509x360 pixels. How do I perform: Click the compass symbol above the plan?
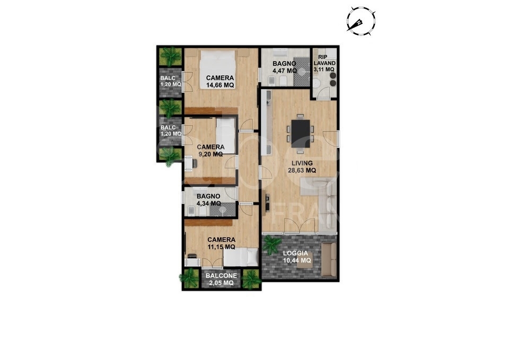(x=361, y=21)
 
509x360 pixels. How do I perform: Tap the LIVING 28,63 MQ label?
(x=302, y=166)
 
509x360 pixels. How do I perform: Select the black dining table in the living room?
(x=301, y=134)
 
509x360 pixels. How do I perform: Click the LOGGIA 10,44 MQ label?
(x=297, y=257)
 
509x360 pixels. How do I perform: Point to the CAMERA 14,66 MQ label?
(x=220, y=82)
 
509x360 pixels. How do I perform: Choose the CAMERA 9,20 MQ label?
(x=210, y=151)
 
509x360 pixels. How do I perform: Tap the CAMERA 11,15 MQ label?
(x=222, y=243)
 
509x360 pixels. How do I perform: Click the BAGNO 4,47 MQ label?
(x=284, y=67)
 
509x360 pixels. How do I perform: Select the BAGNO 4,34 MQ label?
(x=208, y=200)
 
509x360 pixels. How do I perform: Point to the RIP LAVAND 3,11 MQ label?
(x=324, y=63)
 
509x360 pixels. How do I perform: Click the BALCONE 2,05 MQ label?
(x=222, y=279)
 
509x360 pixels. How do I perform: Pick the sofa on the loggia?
(x=329, y=260)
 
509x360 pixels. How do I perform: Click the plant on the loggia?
(x=271, y=244)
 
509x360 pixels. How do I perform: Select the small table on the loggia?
(x=305, y=260)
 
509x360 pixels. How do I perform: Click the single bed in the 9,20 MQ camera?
(x=226, y=136)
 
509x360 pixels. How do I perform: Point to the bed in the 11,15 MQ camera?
(x=241, y=257)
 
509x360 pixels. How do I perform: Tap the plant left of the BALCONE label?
(x=190, y=278)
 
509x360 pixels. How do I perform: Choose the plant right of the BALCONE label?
(x=251, y=278)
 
